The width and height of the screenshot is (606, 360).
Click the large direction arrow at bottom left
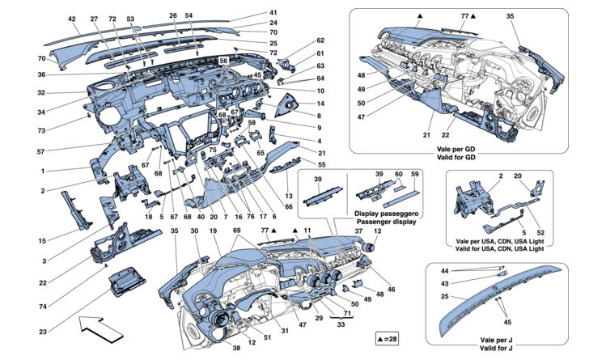click(101, 328)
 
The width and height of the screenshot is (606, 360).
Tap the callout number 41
click(272, 13)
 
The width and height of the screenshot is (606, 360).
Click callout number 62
click(298, 40)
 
